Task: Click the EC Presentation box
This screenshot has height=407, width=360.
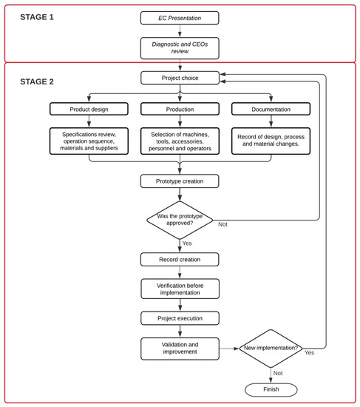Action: [x=180, y=18]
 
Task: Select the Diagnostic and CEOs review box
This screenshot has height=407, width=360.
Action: [x=180, y=48]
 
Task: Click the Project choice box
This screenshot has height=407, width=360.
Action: [x=180, y=78]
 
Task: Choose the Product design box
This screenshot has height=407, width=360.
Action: [x=89, y=109]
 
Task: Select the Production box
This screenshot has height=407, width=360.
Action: [x=180, y=109]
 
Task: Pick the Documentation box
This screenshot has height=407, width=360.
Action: [x=271, y=109]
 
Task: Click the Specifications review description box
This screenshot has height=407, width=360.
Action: [x=89, y=141]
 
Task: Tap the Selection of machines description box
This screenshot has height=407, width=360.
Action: [x=180, y=141]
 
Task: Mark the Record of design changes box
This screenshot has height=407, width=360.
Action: [x=271, y=141]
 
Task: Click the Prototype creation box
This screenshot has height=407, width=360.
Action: [x=180, y=181]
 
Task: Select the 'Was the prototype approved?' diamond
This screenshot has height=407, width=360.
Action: [x=180, y=220]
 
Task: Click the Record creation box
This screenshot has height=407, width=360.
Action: [x=180, y=259]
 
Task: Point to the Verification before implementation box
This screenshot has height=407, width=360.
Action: [x=180, y=288]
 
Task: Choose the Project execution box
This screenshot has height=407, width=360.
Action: [x=180, y=317]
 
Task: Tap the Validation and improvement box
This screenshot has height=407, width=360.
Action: [x=180, y=348]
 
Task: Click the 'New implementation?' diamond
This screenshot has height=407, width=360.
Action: [x=271, y=348]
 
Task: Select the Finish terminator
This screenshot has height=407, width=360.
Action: [x=271, y=389]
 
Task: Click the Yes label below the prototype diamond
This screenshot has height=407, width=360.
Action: [x=186, y=243]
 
